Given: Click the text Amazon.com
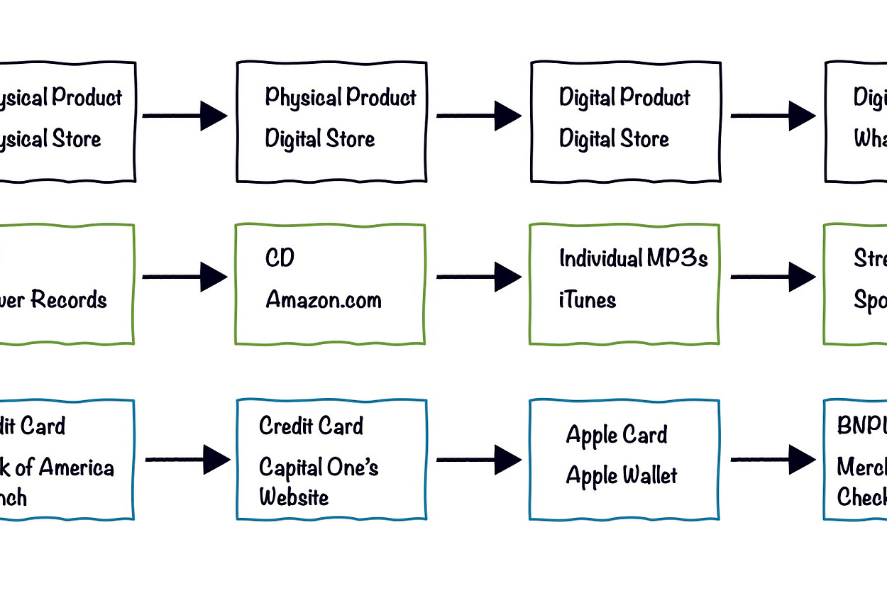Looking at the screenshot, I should click(323, 300).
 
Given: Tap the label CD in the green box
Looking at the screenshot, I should click(280, 258).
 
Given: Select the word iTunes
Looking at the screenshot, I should click(587, 300).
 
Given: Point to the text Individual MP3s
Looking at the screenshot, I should click(633, 258).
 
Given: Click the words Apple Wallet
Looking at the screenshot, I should click(621, 476).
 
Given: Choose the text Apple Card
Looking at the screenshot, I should click(616, 435).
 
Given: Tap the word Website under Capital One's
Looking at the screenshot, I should click(294, 497).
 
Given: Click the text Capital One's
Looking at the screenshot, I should click(319, 468).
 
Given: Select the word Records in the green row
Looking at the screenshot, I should click(69, 300).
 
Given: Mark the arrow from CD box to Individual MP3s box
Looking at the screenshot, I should click(478, 277).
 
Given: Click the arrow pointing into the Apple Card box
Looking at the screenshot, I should click(478, 460).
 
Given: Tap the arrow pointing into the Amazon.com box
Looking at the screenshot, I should click(184, 277).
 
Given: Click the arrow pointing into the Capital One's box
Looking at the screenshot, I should click(187, 460).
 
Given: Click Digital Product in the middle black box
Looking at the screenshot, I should click(624, 97).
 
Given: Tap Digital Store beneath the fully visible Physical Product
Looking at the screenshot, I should click(319, 139).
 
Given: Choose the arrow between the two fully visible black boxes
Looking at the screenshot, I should click(478, 116).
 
